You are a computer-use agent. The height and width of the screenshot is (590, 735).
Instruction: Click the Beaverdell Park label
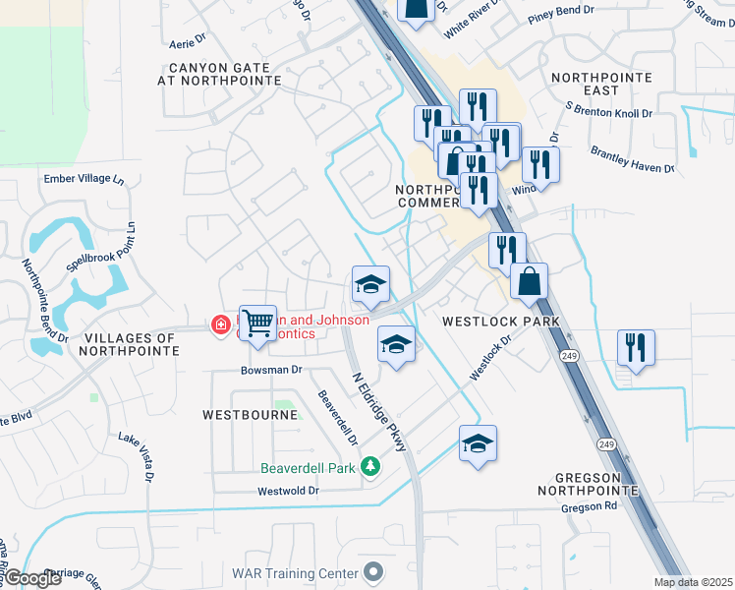click(x=308, y=468)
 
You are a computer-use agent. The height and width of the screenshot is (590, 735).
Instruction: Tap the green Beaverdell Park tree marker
click(x=370, y=466)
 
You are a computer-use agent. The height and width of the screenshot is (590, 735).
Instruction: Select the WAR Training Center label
click(x=295, y=572)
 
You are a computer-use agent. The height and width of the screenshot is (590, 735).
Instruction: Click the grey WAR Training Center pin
click(x=372, y=571)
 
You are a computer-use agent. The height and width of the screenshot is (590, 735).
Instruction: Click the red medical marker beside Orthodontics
click(x=221, y=324)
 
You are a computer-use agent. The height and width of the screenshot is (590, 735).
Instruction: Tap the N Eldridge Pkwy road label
click(x=379, y=410)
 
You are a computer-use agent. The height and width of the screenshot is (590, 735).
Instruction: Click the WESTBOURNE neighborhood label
click(x=250, y=415)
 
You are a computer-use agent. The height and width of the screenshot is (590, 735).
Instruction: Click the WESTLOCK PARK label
click(x=500, y=322)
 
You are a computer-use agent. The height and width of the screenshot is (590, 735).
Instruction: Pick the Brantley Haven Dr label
click(x=632, y=159)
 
